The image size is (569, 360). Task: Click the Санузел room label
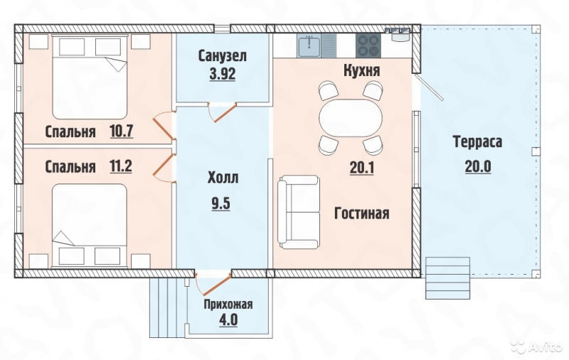click(223, 56)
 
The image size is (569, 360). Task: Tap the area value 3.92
click(223, 74)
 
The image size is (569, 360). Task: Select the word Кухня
click(362, 70)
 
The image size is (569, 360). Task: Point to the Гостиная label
click(361, 213)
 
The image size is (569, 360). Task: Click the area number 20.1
click(362, 168)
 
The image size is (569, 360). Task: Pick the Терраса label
click(477, 142)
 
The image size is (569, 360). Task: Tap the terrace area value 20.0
click(477, 166)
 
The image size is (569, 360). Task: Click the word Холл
click(223, 178)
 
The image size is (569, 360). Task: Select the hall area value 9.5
click(221, 203)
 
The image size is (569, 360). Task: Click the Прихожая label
click(228, 304)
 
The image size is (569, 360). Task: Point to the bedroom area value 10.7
click(122, 131)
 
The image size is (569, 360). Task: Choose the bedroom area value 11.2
click(121, 166)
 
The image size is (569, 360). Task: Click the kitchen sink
click(309, 46)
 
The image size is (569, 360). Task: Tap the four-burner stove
click(368, 46)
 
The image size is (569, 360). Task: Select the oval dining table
click(351, 118)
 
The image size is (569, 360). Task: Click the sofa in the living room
click(299, 212)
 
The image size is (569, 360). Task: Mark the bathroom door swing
click(222, 112)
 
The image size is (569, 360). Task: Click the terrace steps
click(448, 278)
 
